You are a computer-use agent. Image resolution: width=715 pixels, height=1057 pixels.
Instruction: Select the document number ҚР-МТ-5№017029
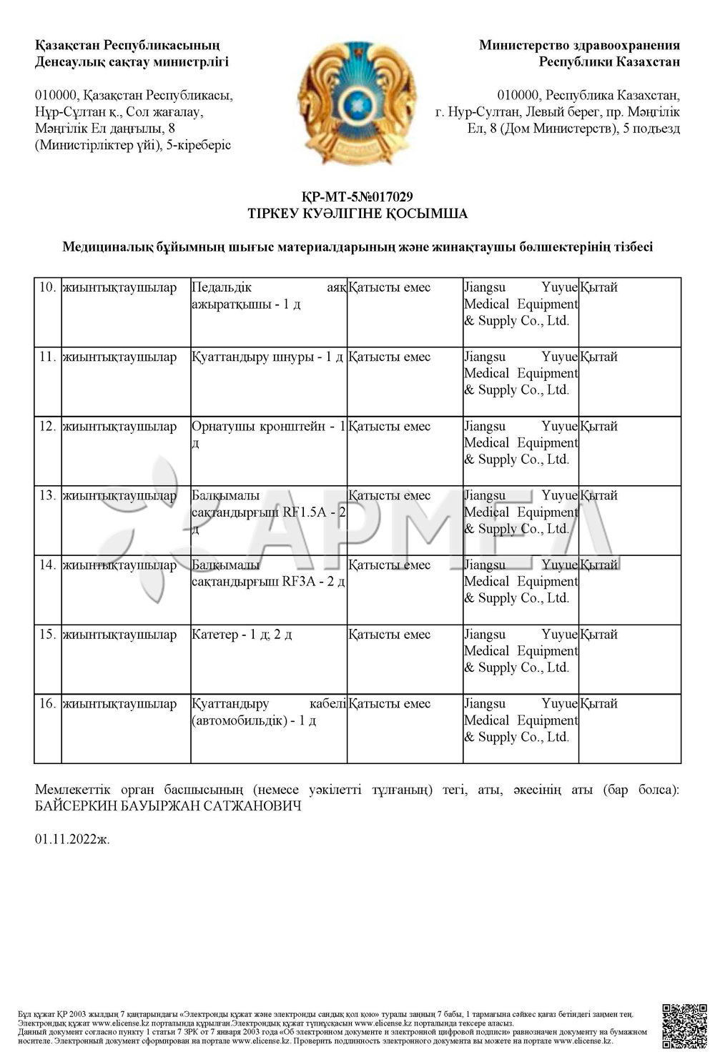(357, 197)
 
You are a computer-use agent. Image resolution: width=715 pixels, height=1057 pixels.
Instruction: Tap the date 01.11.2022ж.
(72, 839)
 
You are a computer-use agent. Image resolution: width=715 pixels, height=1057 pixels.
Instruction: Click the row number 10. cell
(48, 288)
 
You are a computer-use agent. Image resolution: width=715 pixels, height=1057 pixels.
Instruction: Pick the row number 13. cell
(48, 496)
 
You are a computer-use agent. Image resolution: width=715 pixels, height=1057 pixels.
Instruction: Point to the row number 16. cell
(48, 704)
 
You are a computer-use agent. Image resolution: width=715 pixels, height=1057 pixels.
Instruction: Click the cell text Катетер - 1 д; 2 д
(242, 635)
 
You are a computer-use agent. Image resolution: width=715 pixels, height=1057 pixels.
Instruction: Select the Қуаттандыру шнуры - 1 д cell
(267, 357)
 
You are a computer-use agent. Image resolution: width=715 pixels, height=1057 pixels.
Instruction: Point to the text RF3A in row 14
(298, 582)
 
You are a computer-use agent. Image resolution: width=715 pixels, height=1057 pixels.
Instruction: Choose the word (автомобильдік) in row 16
(238, 720)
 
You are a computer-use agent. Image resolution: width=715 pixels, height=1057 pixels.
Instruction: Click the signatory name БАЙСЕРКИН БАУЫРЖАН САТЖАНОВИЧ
(168, 806)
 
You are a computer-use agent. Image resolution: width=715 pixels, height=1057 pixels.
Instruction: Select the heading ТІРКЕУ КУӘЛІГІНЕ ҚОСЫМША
(357, 214)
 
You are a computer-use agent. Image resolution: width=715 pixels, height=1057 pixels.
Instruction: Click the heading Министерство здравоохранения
(579, 46)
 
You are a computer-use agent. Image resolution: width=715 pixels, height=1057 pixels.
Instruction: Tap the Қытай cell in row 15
(598, 635)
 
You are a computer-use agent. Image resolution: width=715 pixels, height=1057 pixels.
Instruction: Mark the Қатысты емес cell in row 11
(390, 357)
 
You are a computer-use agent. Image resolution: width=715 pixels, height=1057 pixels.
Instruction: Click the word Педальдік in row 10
(222, 288)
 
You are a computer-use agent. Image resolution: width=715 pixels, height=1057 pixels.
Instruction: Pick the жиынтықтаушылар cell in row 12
(119, 427)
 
